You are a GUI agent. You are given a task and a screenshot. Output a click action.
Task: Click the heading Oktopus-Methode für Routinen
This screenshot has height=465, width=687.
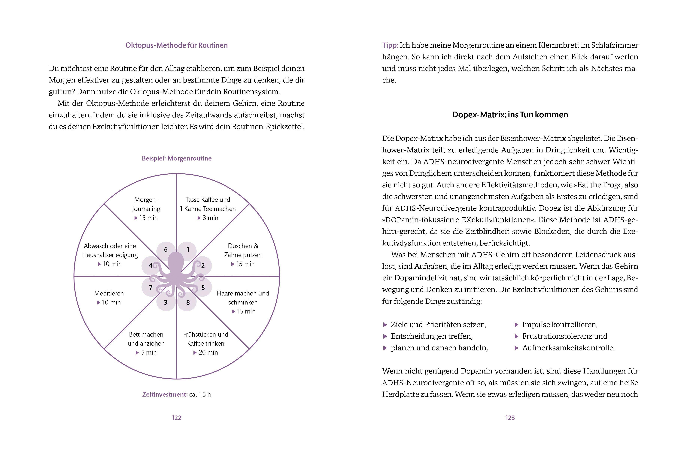coord(176,45)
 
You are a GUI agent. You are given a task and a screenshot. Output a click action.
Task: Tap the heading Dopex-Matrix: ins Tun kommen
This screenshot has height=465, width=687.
coord(510,115)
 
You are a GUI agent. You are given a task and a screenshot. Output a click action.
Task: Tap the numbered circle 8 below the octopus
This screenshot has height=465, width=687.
coord(188,302)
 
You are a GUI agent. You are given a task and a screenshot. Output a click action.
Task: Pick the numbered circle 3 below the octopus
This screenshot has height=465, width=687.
coord(166,302)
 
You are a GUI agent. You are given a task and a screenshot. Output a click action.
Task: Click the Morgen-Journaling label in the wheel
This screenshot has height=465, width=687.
coord(146,204)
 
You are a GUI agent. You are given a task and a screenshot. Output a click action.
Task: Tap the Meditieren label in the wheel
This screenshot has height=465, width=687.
coord(109,293)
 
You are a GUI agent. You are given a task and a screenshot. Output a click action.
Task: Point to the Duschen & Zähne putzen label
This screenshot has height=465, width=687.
coord(243,250)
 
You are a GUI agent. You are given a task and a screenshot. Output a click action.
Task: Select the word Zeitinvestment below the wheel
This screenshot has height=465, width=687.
coord(165,394)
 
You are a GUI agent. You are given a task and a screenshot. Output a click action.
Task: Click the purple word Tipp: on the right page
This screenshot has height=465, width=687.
coord(390,45)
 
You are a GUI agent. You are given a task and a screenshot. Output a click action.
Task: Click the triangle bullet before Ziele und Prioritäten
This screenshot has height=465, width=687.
coord(385,325)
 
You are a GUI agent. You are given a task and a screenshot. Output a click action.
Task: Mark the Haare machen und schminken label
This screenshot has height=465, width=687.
coord(243,298)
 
